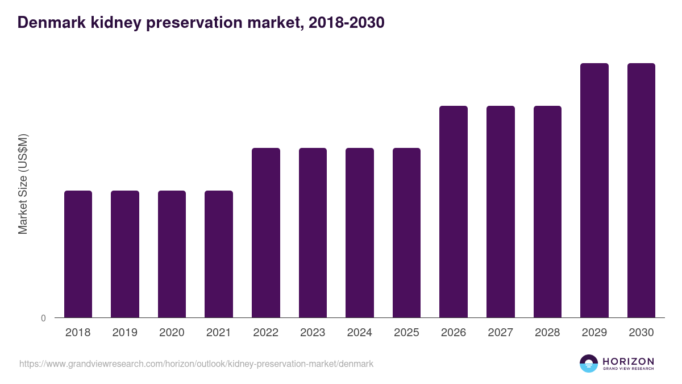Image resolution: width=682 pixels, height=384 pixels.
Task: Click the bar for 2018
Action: click(78, 254)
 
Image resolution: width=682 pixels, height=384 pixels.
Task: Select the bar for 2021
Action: click(219, 254)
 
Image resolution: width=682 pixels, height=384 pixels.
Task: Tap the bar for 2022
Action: click(266, 233)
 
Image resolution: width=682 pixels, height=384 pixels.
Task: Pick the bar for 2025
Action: click(406, 233)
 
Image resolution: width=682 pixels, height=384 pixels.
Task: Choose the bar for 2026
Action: click(454, 212)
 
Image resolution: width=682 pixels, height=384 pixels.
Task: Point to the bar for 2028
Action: click(547, 212)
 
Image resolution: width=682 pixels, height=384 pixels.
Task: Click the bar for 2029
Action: click(594, 190)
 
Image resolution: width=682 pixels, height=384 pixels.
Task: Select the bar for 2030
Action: click(641, 190)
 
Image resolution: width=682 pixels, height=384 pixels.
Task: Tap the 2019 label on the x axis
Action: click(125, 333)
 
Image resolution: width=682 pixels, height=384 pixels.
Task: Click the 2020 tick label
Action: click(172, 333)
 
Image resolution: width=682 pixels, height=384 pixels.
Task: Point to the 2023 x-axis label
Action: click(313, 333)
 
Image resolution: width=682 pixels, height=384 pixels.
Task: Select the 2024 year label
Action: click(360, 333)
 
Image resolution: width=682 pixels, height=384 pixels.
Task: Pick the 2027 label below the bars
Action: click(501, 333)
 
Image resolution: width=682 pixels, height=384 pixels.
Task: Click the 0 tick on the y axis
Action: click(43, 319)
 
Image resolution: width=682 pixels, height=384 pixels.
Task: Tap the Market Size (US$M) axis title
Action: click(23, 184)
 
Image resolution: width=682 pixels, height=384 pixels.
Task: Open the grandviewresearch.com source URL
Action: click(196, 364)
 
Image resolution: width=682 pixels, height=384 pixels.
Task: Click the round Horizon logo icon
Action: click(589, 364)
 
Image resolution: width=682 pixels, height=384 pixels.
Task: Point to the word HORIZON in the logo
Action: click(628, 361)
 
